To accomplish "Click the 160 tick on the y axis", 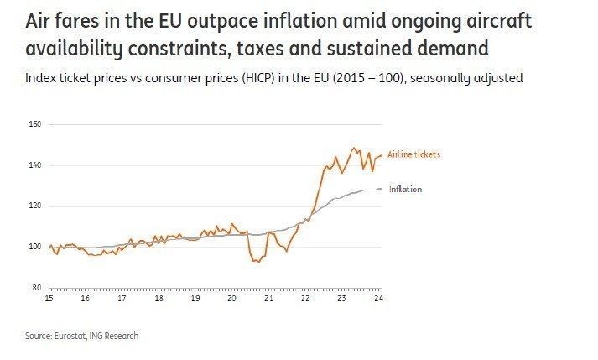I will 35,124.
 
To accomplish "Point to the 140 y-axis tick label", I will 35,165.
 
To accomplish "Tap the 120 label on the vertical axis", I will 35,206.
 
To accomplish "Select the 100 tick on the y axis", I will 35,247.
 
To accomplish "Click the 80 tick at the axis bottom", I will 38,287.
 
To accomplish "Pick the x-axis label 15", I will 49,299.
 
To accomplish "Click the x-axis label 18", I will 158,299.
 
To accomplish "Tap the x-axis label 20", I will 231,299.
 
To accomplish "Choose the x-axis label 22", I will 305,299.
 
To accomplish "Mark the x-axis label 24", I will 378,299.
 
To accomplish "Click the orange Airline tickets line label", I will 413,154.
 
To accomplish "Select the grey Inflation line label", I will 405,190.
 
